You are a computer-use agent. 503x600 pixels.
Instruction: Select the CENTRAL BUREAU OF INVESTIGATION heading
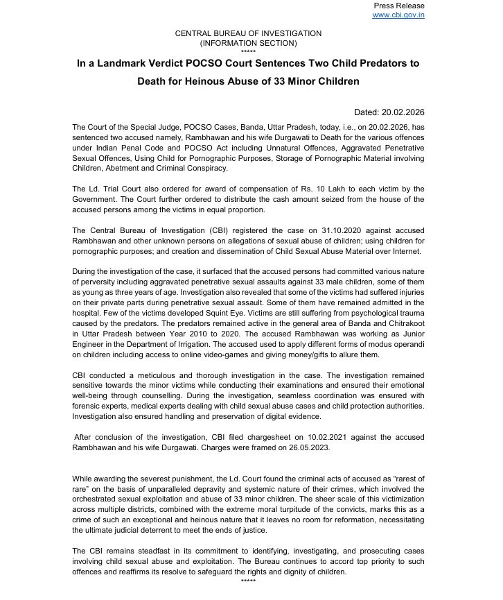tap(247, 33)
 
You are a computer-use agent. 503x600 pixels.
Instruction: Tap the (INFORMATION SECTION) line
tap(247, 43)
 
